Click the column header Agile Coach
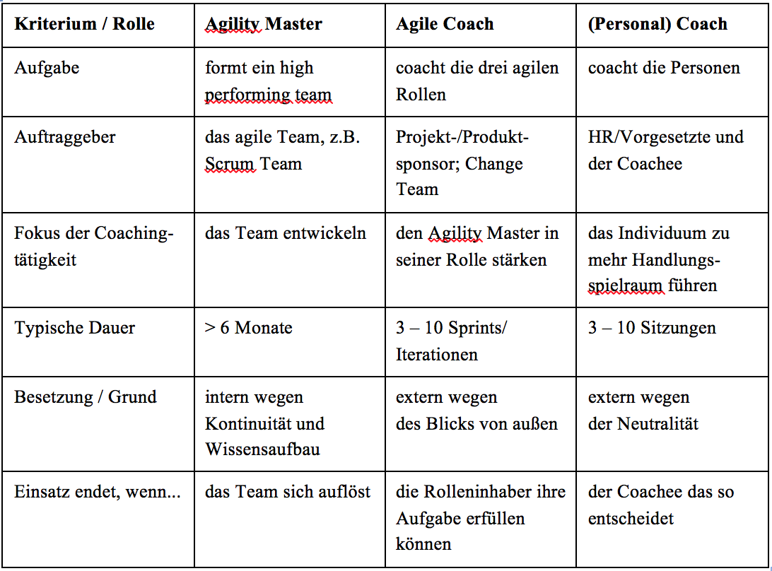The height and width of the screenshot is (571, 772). tap(445, 23)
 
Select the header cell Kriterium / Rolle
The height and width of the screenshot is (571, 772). tap(84, 23)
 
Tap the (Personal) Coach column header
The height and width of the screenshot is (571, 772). tap(657, 23)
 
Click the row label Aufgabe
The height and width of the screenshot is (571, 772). tap(47, 68)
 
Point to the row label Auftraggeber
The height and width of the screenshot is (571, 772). tap(64, 137)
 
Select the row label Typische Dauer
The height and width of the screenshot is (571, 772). tap(74, 328)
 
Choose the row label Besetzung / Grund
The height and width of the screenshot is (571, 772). tap(85, 396)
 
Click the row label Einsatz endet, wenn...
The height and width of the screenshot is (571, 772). tap(98, 492)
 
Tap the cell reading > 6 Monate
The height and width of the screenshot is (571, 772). tap(249, 328)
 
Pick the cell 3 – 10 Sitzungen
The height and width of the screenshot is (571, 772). tap(652, 328)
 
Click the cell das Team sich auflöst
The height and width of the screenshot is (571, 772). tap(288, 492)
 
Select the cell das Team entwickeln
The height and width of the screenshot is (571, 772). tap(286, 232)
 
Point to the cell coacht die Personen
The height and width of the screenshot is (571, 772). tap(664, 68)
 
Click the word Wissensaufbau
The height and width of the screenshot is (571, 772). tap(262, 449)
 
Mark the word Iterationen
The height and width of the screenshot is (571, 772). tap(437, 355)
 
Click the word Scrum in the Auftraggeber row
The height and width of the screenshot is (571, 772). tap(230, 164)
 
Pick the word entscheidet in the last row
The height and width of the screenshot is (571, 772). tap(631, 518)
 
